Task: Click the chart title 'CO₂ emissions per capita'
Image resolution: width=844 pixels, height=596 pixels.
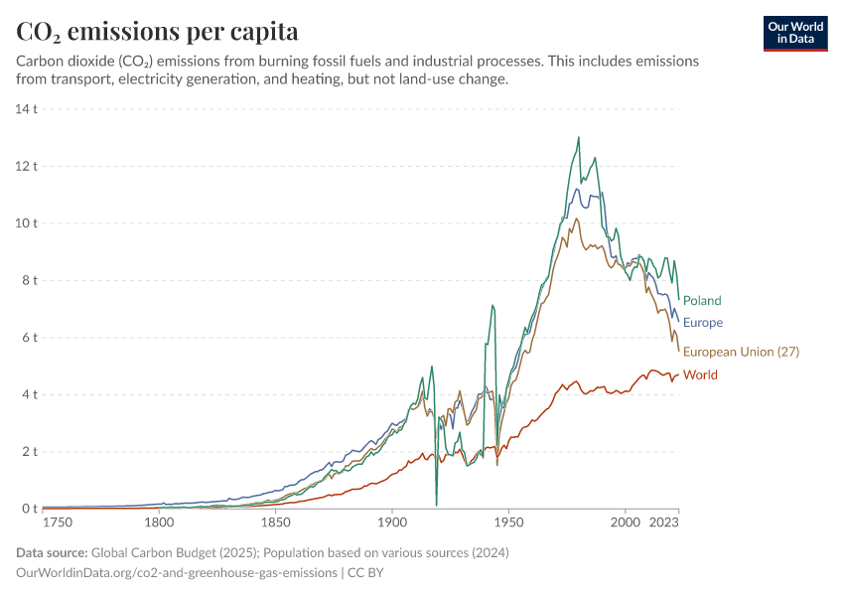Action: pos(157,32)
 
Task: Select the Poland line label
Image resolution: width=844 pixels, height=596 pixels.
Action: pos(702,301)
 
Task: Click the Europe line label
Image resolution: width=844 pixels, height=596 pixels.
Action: pos(703,323)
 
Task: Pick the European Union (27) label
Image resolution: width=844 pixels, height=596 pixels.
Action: pos(741,352)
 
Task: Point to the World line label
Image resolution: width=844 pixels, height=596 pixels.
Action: pos(700,375)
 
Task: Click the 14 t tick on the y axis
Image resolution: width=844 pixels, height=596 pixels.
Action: pos(26,108)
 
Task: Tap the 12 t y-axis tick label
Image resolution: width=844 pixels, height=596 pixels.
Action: pos(26,166)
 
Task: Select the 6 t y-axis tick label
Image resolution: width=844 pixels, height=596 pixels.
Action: pos(29,338)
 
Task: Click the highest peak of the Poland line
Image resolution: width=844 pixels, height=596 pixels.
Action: pos(578,137)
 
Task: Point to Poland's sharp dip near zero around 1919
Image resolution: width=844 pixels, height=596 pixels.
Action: pos(436,505)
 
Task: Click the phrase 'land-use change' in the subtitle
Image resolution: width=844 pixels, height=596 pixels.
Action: pos(457,79)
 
